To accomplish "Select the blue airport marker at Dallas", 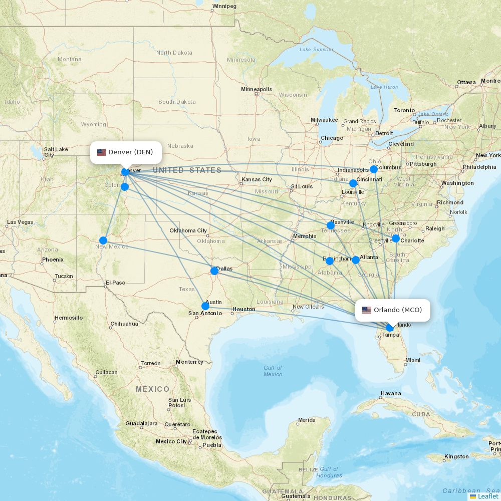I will pos(214,271).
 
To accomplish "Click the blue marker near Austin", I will pos(205,306).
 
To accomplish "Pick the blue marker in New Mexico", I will pos(103,240).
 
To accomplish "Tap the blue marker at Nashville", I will pos(330,225).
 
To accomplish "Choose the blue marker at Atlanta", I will pos(356,260).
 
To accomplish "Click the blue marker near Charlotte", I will pos(396,239).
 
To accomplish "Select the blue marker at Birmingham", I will pos(329,261).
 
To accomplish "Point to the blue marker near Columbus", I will pos(374,169).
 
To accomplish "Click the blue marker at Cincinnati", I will pos(353,183).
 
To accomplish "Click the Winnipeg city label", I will pos(223,7).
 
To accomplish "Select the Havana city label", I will pos(390,394).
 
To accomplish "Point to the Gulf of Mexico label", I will pos(273,371).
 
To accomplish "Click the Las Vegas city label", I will pos(20,222).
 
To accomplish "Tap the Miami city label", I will pos(413,360).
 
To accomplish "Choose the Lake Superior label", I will pos(316,50).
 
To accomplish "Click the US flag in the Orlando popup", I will pos(367,310).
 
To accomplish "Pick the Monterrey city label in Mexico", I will pos(189,362).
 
